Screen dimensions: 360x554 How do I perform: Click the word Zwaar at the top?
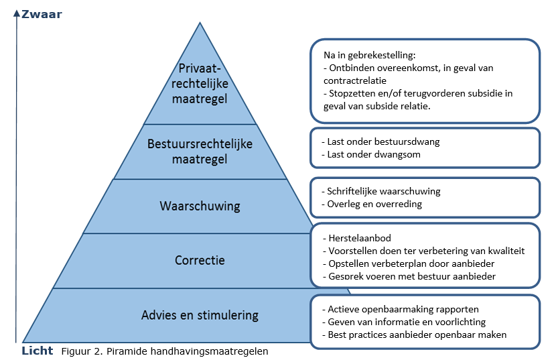(42, 12)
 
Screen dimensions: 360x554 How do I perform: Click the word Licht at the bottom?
(38, 350)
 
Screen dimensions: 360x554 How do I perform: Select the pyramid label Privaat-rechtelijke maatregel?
(200, 84)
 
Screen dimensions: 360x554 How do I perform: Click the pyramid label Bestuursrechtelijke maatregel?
(200, 152)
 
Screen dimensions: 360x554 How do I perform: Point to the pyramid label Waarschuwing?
(200, 206)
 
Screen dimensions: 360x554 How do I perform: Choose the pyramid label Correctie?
(200, 260)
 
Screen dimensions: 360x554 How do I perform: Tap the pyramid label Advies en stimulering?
(200, 315)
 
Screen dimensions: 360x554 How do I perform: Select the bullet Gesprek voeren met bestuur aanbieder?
(411, 276)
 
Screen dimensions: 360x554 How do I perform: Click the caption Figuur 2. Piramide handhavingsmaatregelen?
(165, 351)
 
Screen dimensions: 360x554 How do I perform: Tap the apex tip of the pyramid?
(200, 23)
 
